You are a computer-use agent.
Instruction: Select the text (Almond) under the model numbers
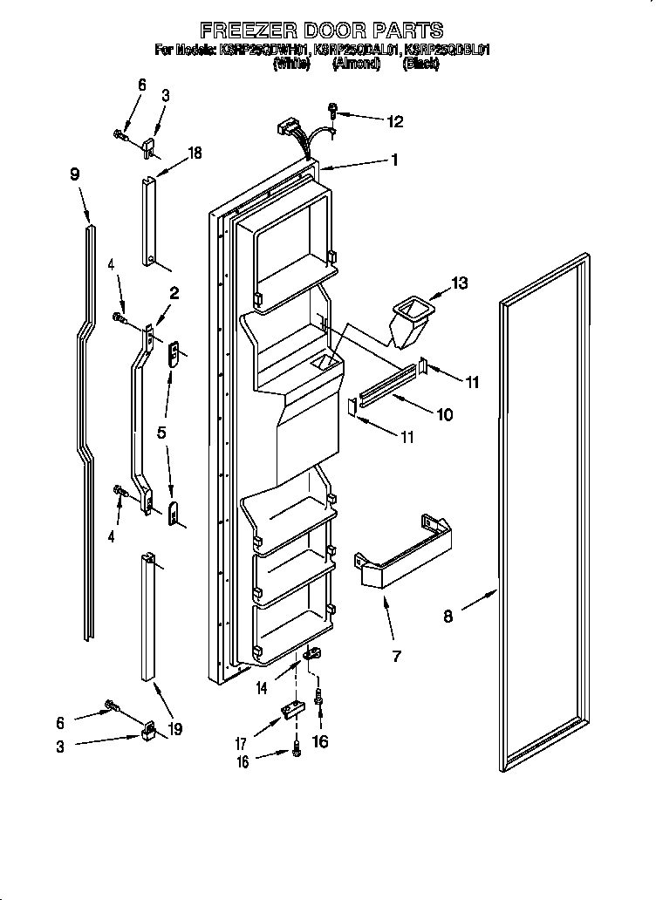click(x=356, y=65)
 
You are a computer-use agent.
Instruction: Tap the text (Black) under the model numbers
click(x=420, y=65)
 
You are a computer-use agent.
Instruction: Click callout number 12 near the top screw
click(x=395, y=122)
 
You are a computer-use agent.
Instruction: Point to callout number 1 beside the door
click(x=394, y=160)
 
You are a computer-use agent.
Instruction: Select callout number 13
click(x=461, y=283)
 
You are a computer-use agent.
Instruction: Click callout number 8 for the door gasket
click(x=448, y=617)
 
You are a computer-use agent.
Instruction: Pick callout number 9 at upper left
click(x=75, y=174)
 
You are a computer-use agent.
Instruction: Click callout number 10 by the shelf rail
click(x=444, y=415)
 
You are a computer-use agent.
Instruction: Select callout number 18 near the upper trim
click(x=194, y=153)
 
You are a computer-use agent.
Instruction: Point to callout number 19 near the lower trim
click(x=175, y=729)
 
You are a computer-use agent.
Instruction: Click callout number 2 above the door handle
click(x=174, y=294)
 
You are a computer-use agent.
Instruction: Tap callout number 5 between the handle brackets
click(x=162, y=432)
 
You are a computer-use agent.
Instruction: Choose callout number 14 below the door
click(x=263, y=689)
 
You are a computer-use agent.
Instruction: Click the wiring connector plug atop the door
click(x=284, y=128)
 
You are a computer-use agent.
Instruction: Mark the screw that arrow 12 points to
click(x=333, y=111)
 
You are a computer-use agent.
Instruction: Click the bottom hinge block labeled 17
click(x=291, y=716)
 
